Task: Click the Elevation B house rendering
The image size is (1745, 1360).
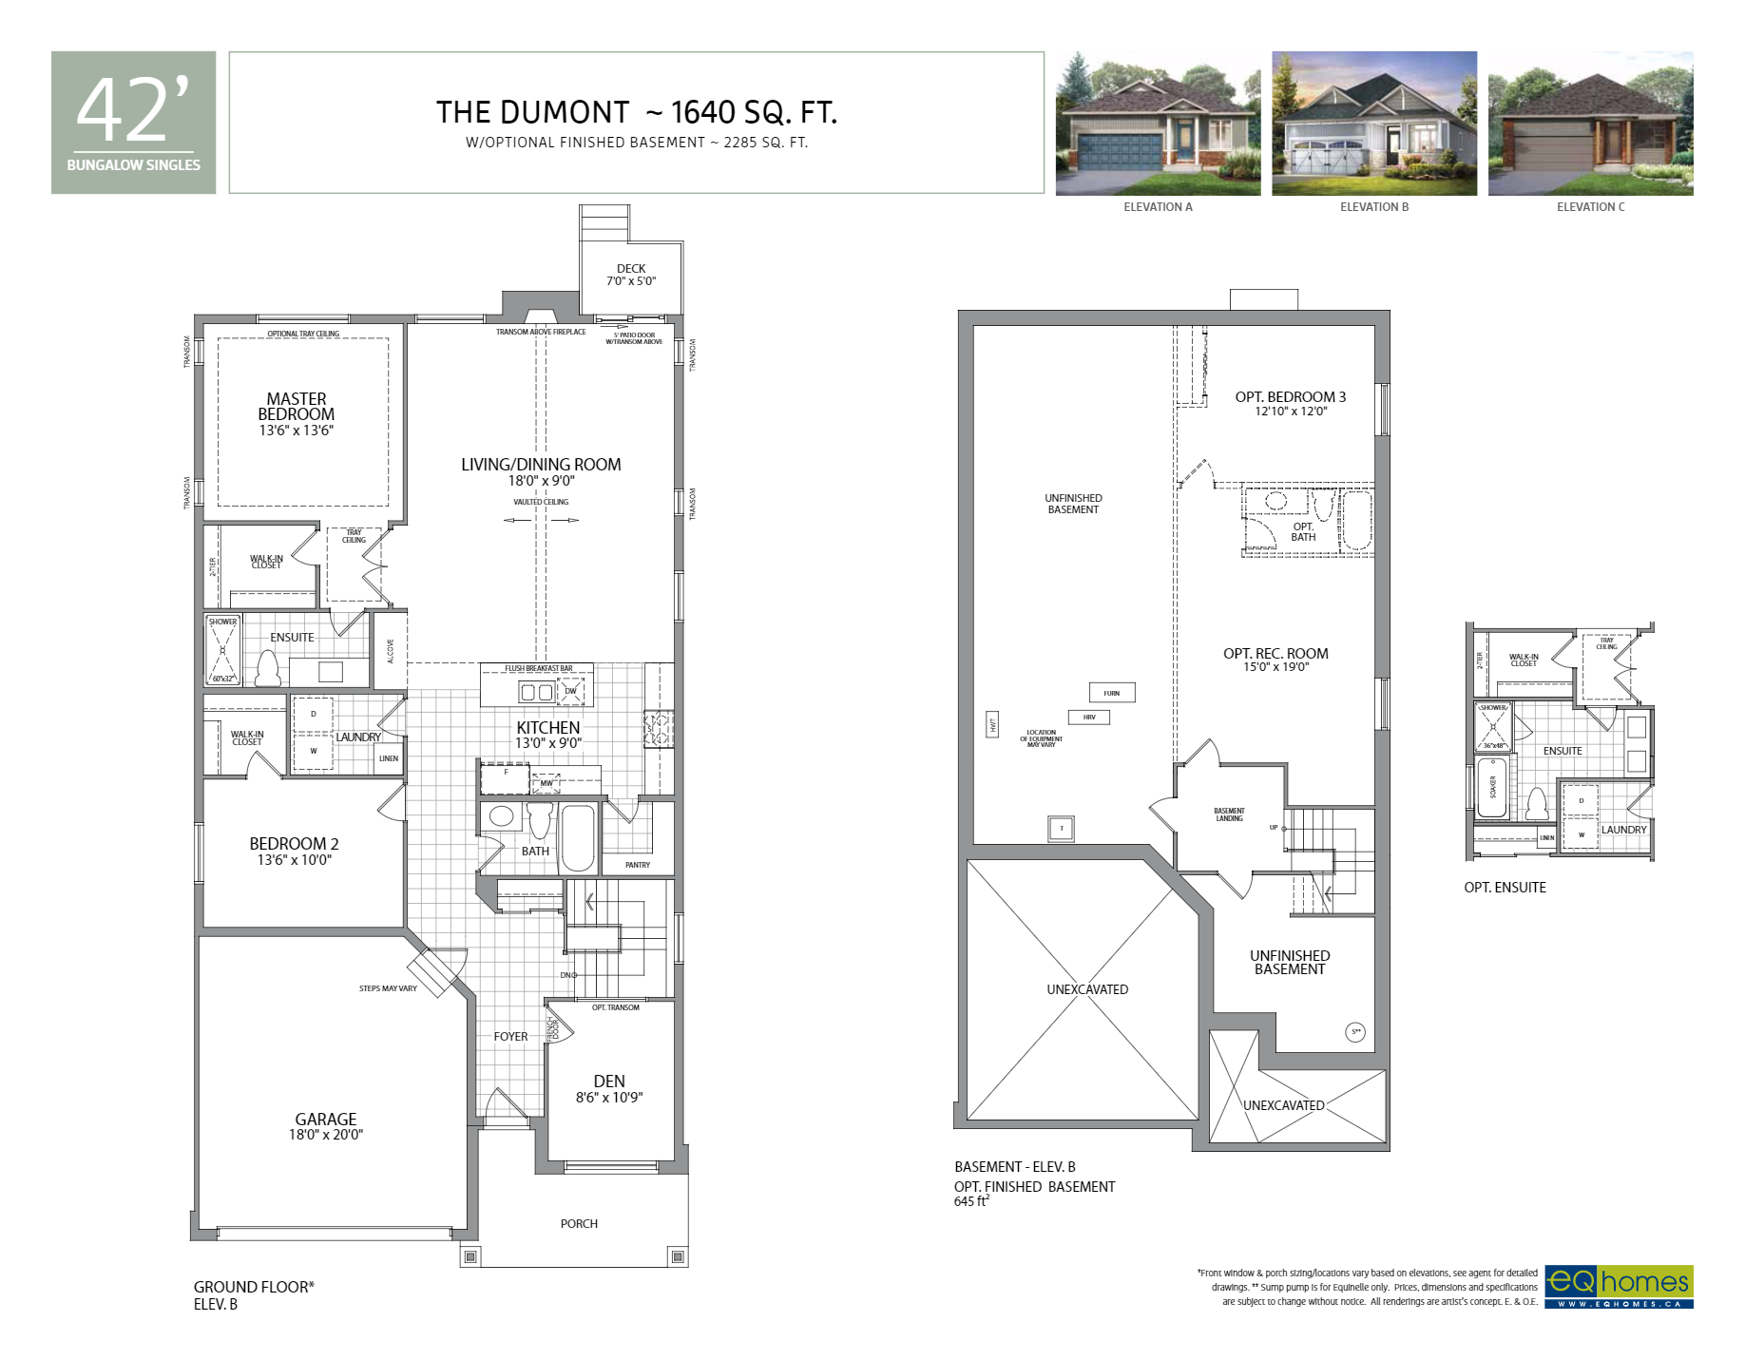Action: coord(1373,124)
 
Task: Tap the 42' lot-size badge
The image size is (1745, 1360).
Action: coord(133,122)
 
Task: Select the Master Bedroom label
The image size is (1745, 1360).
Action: coord(297,407)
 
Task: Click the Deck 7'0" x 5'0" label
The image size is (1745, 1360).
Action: coord(631,275)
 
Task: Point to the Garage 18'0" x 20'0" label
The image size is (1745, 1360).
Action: coord(326,1126)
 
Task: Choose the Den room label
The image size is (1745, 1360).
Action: coord(609,1082)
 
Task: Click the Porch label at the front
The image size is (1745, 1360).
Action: coord(579,1224)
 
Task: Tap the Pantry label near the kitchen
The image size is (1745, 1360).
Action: coord(638,865)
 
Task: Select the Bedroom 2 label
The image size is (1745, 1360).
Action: coord(294,844)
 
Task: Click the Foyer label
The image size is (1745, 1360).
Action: coord(510,1037)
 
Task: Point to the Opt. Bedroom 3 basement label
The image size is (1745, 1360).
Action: coord(1291,397)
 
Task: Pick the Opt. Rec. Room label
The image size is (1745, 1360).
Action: coord(1275,654)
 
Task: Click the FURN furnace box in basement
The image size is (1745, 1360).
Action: coord(1111,693)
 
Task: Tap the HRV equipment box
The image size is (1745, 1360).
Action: coord(1089,718)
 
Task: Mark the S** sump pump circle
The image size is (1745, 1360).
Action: coord(1356,1032)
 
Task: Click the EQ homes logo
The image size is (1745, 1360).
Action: coord(1619,1287)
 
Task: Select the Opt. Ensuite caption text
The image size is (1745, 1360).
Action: coord(1505,888)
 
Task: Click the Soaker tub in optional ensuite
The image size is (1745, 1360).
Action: coord(1492,787)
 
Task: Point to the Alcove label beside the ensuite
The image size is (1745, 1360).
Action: coord(391,651)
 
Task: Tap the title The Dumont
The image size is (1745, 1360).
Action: coord(532,112)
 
